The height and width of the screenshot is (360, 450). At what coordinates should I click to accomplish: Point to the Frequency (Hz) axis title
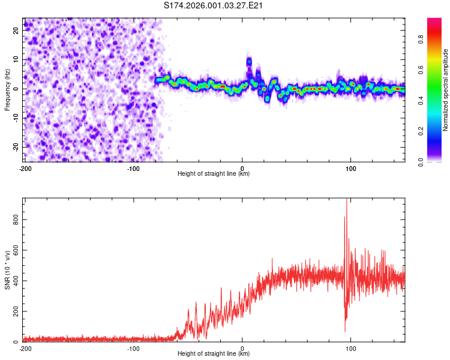[x=7, y=89]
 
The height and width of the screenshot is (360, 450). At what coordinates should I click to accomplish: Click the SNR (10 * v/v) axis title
[x=7, y=269]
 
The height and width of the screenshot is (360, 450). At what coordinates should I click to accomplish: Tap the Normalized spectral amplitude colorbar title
[x=446, y=89]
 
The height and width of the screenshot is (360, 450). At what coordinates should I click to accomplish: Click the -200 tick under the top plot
[x=25, y=169]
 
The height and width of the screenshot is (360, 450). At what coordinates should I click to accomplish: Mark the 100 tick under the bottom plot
[x=351, y=349]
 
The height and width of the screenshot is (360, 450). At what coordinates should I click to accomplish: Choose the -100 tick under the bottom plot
[x=133, y=349]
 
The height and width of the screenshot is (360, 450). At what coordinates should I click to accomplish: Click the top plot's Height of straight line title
[x=214, y=174]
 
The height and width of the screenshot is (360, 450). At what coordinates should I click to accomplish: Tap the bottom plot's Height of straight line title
[x=214, y=354]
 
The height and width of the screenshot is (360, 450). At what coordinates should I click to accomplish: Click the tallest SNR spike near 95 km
[x=347, y=202]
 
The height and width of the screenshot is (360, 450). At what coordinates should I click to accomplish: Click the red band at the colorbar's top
[x=434, y=22]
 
